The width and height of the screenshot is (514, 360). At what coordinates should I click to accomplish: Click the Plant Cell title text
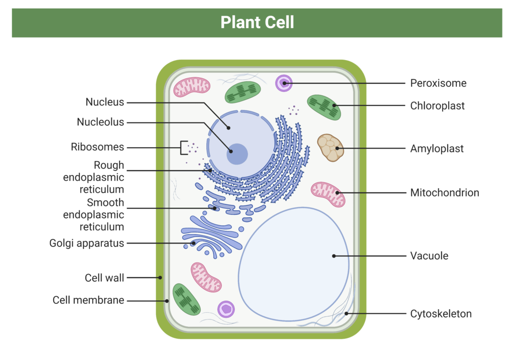(257, 23)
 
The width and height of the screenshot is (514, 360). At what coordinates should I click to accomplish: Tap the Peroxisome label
(438, 83)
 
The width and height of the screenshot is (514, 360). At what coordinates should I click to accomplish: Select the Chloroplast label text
(437, 106)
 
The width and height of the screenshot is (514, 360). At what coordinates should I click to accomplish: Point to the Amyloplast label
(437, 149)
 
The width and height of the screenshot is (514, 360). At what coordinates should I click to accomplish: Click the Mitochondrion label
(444, 193)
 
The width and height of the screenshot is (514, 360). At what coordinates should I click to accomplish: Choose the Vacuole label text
(429, 256)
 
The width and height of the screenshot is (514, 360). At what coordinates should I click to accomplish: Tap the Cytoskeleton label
(441, 314)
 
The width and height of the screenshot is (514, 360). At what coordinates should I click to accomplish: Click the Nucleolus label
(100, 122)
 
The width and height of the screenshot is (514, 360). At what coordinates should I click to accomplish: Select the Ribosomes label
(97, 148)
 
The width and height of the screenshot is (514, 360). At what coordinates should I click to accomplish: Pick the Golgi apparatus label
(86, 244)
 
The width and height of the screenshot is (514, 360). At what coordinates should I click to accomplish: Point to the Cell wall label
(104, 278)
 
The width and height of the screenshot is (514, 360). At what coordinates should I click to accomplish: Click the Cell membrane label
(88, 301)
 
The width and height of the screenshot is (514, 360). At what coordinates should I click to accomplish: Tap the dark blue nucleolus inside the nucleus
(236, 154)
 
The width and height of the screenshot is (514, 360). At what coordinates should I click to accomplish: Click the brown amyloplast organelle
(330, 147)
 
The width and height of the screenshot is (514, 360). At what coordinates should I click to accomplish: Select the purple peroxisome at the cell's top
(284, 83)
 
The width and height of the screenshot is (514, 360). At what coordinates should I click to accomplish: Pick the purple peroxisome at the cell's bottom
(226, 309)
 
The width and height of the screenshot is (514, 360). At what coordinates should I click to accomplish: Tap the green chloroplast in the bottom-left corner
(186, 299)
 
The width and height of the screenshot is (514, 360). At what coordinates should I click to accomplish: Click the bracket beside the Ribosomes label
(183, 148)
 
